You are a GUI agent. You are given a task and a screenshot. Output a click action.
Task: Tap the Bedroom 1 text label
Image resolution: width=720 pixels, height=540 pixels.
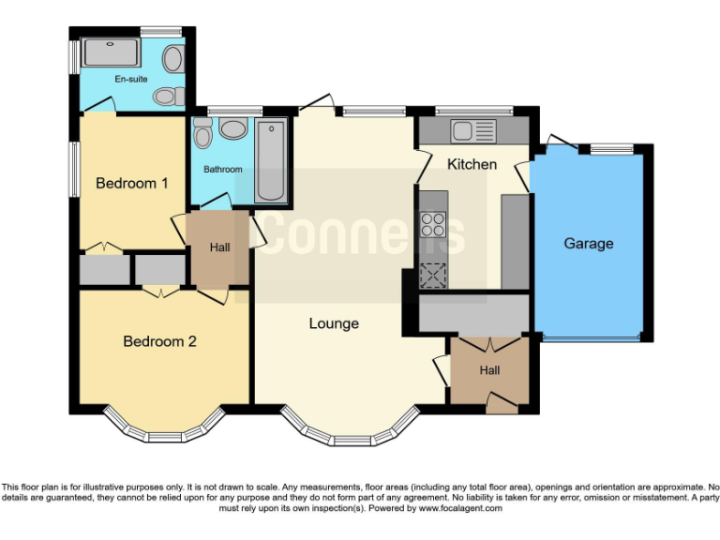coord(132,183)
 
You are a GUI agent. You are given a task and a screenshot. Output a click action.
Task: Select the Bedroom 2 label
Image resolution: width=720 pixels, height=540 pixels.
coord(159,341)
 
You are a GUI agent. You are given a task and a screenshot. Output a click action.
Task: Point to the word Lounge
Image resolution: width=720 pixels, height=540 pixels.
coord(335,323)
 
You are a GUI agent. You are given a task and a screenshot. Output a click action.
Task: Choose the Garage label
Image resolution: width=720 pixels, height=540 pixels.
coord(588,243)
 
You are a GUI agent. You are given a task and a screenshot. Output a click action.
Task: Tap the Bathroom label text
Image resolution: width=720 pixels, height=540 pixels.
coord(223,170)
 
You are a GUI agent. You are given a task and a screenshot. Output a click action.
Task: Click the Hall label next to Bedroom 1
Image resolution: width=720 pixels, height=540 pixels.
coord(220,247)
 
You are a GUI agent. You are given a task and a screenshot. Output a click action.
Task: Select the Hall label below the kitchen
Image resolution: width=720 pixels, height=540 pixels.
coord(489,370)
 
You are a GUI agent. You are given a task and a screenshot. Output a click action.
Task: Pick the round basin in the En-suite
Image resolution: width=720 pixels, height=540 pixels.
coord(172,60)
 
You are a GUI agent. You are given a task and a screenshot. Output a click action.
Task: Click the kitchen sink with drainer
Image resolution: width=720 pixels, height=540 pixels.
coord(472,130)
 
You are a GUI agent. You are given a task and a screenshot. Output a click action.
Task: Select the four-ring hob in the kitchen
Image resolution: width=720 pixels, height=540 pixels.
coord(432,226)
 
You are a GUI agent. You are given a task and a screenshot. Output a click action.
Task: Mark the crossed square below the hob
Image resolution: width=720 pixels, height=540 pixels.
coord(432,275)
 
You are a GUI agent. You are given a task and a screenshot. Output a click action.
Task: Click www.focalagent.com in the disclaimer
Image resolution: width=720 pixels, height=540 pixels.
coord(460,508)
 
